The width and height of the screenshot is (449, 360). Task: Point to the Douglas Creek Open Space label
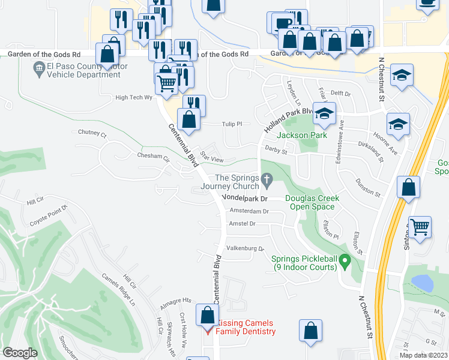[x=312, y=202]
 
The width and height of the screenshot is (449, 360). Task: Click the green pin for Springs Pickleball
[x=345, y=262]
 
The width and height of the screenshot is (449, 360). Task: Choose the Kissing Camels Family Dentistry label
[x=245, y=327]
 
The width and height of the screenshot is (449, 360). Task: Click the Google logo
[x=20, y=352]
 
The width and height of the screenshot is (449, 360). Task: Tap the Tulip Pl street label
[x=231, y=124]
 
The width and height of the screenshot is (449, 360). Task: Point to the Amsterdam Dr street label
[x=249, y=211]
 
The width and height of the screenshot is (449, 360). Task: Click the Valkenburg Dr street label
[x=245, y=248]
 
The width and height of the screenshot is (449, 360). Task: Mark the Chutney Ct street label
[x=91, y=133]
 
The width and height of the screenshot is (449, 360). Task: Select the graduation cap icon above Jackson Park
[x=324, y=114]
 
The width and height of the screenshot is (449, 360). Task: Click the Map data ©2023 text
[x=423, y=355]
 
